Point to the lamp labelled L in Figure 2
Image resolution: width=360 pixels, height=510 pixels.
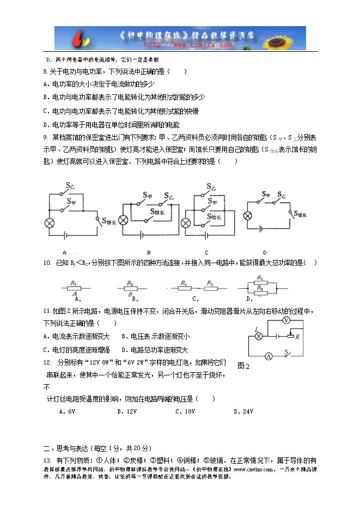(260, 336)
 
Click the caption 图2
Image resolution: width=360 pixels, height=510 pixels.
(243, 366)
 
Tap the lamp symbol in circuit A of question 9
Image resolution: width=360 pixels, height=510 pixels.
(48, 222)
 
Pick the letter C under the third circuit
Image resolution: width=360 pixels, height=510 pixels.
(206, 252)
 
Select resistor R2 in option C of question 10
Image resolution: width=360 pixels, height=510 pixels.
(209, 287)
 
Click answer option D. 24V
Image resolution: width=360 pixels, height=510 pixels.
(243, 411)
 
